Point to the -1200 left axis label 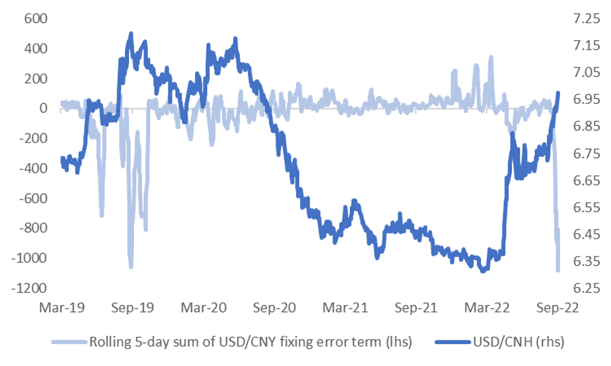point(31,289)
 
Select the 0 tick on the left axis point(44,108)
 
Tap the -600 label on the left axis point(34,199)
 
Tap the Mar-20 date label point(203,308)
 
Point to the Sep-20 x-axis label point(275,308)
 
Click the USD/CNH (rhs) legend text point(517,342)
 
